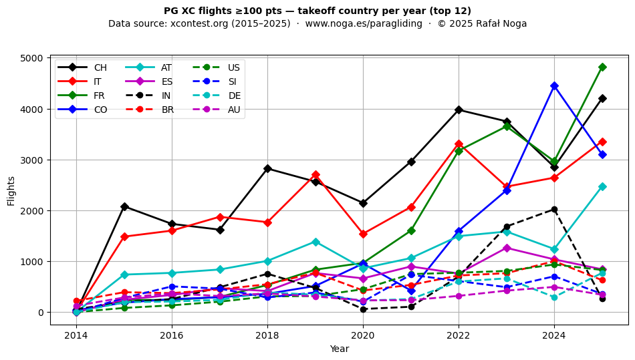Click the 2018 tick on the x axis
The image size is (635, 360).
click(x=267, y=335)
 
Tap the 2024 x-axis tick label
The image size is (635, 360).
click(x=554, y=335)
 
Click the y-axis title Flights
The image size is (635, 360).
click(x=11, y=190)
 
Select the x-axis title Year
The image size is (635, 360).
click(x=339, y=349)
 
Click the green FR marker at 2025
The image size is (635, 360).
click(x=602, y=67)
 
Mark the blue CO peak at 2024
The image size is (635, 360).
click(x=554, y=85)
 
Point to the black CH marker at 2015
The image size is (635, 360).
click(x=124, y=206)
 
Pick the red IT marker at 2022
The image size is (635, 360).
click(x=459, y=144)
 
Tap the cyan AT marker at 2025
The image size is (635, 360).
click(x=602, y=186)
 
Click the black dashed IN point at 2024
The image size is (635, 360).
click(x=554, y=209)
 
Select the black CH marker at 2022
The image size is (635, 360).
click(x=459, y=110)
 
